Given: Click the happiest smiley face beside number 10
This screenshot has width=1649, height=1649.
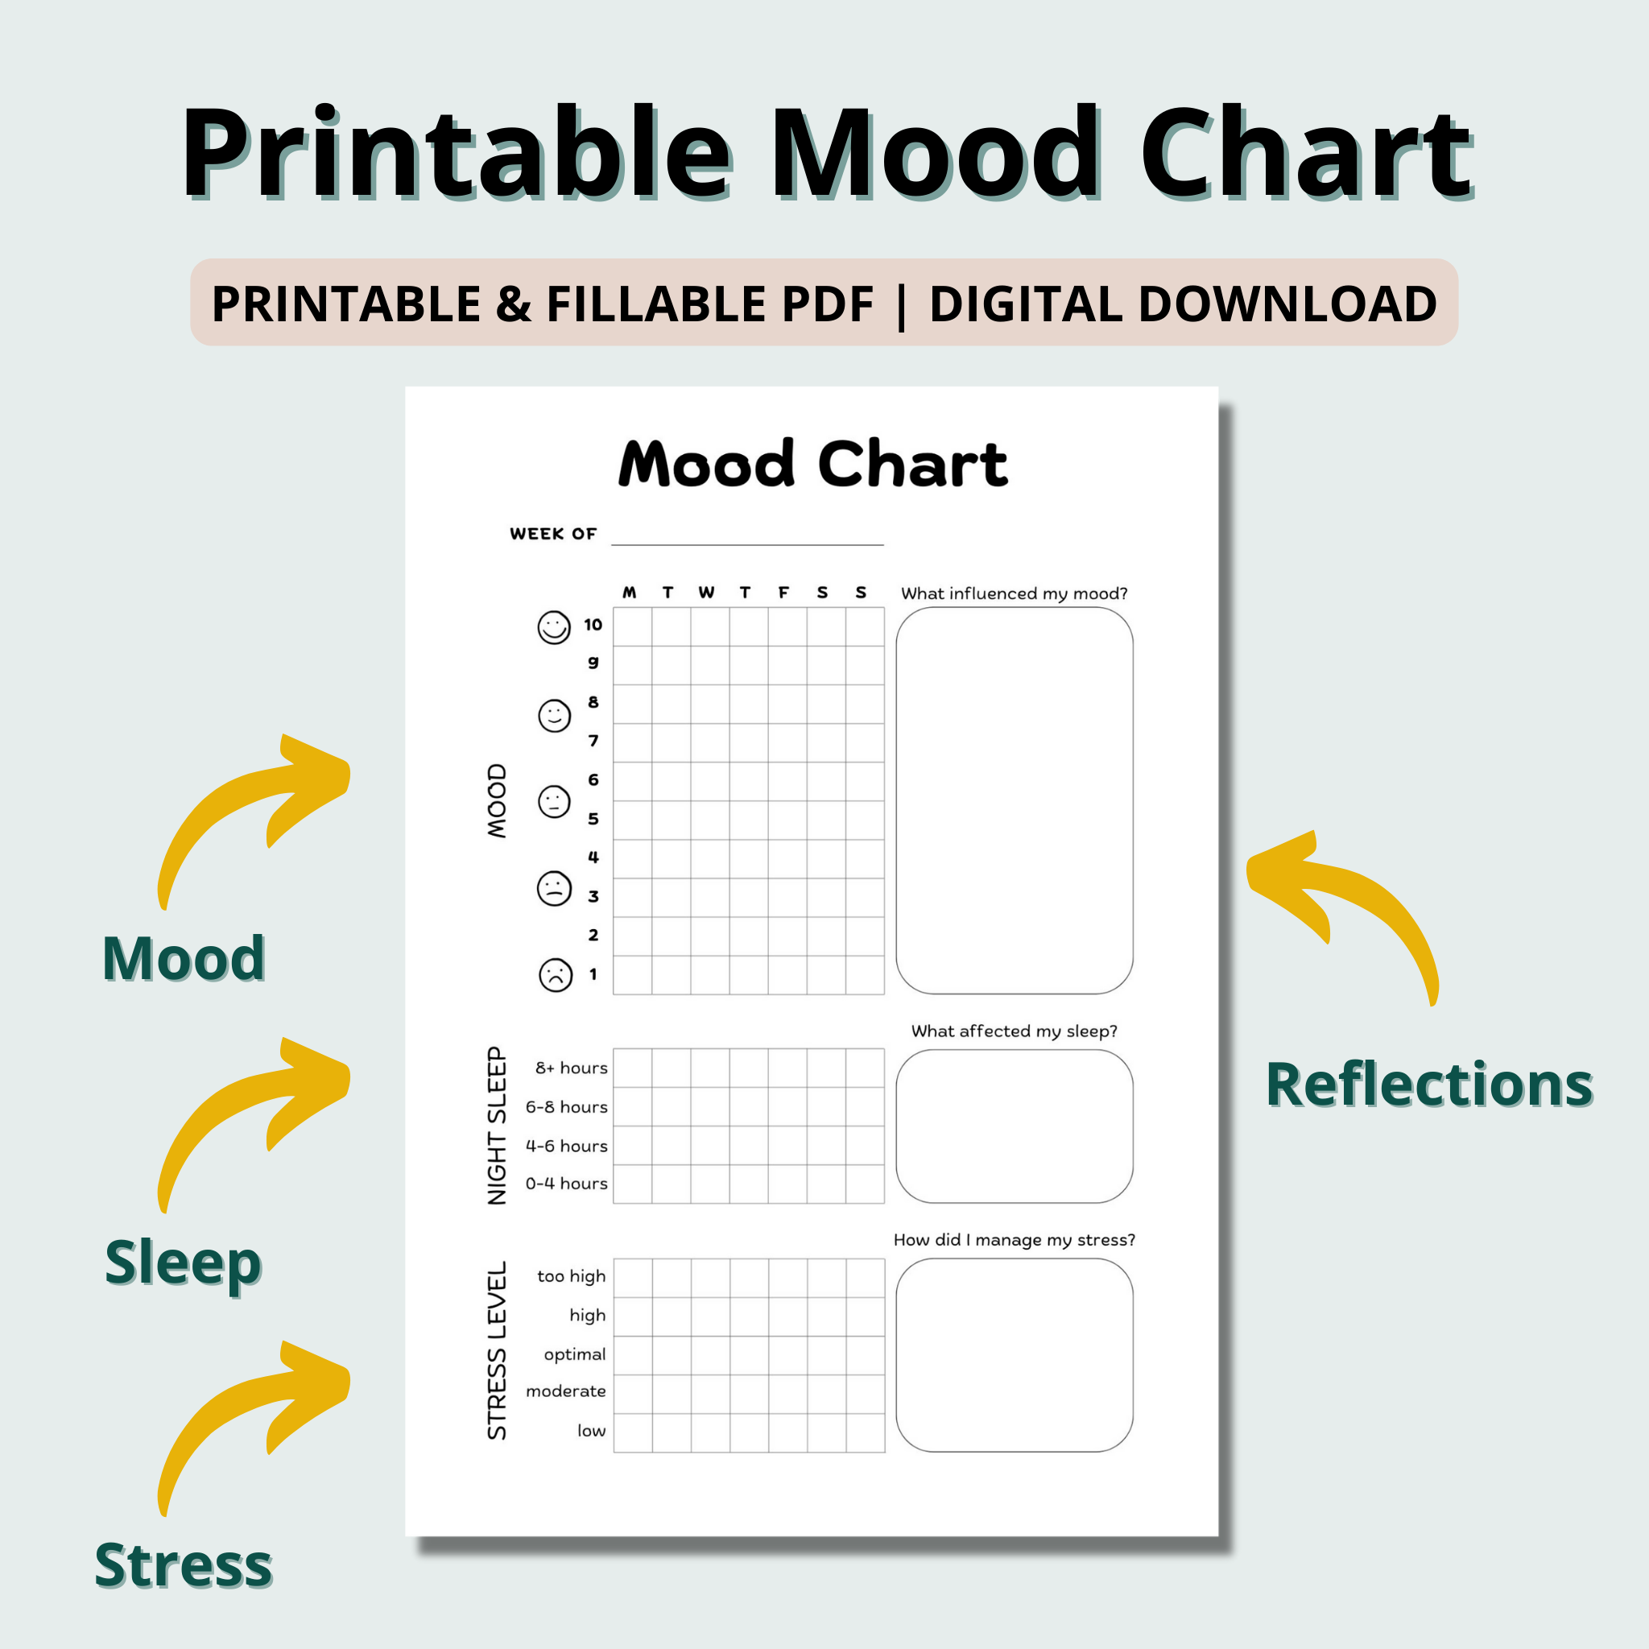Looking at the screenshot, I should pyautogui.click(x=554, y=627).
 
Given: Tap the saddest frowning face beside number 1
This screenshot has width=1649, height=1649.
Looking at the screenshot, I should pyautogui.click(x=555, y=975).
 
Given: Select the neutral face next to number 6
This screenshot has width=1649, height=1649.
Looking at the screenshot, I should pyautogui.click(x=554, y=801).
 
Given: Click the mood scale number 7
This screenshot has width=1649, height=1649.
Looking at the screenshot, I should pyautogui.click(x=593, y=741).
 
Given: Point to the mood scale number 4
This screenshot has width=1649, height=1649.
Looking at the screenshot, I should pyautogui.click(x=593, y=857).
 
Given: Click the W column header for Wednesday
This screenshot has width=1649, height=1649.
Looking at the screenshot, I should pyautogui.click(x=706, y=593).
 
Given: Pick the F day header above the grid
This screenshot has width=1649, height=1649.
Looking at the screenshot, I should pyautogui.click(x=783, y=593).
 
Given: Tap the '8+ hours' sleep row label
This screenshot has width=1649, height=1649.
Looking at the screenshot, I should pyautogui.click(x=571, y=1068).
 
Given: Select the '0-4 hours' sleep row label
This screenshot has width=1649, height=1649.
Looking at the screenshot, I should pyautogui.click(x=567, y=1184).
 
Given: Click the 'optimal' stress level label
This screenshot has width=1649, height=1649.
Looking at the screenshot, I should pyautogui.click(x=574, y=1354).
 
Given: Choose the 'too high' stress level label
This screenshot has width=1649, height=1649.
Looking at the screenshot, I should pyautogui.click(x=571, y=1276).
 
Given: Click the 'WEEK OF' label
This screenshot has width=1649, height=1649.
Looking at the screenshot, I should pyautogui.click(x=553, y=535).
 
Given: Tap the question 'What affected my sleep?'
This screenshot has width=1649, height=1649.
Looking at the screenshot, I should pyautogui.click(x=1014, y=1031).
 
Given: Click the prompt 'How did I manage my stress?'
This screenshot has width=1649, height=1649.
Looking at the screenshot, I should pyautogui.click(x=1014, y=1240).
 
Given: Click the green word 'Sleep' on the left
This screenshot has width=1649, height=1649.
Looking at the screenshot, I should pyautogui.click(x=183, y=1263).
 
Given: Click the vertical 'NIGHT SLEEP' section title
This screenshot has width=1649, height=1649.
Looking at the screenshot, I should pyautogui.click(x=497, y=1126).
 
